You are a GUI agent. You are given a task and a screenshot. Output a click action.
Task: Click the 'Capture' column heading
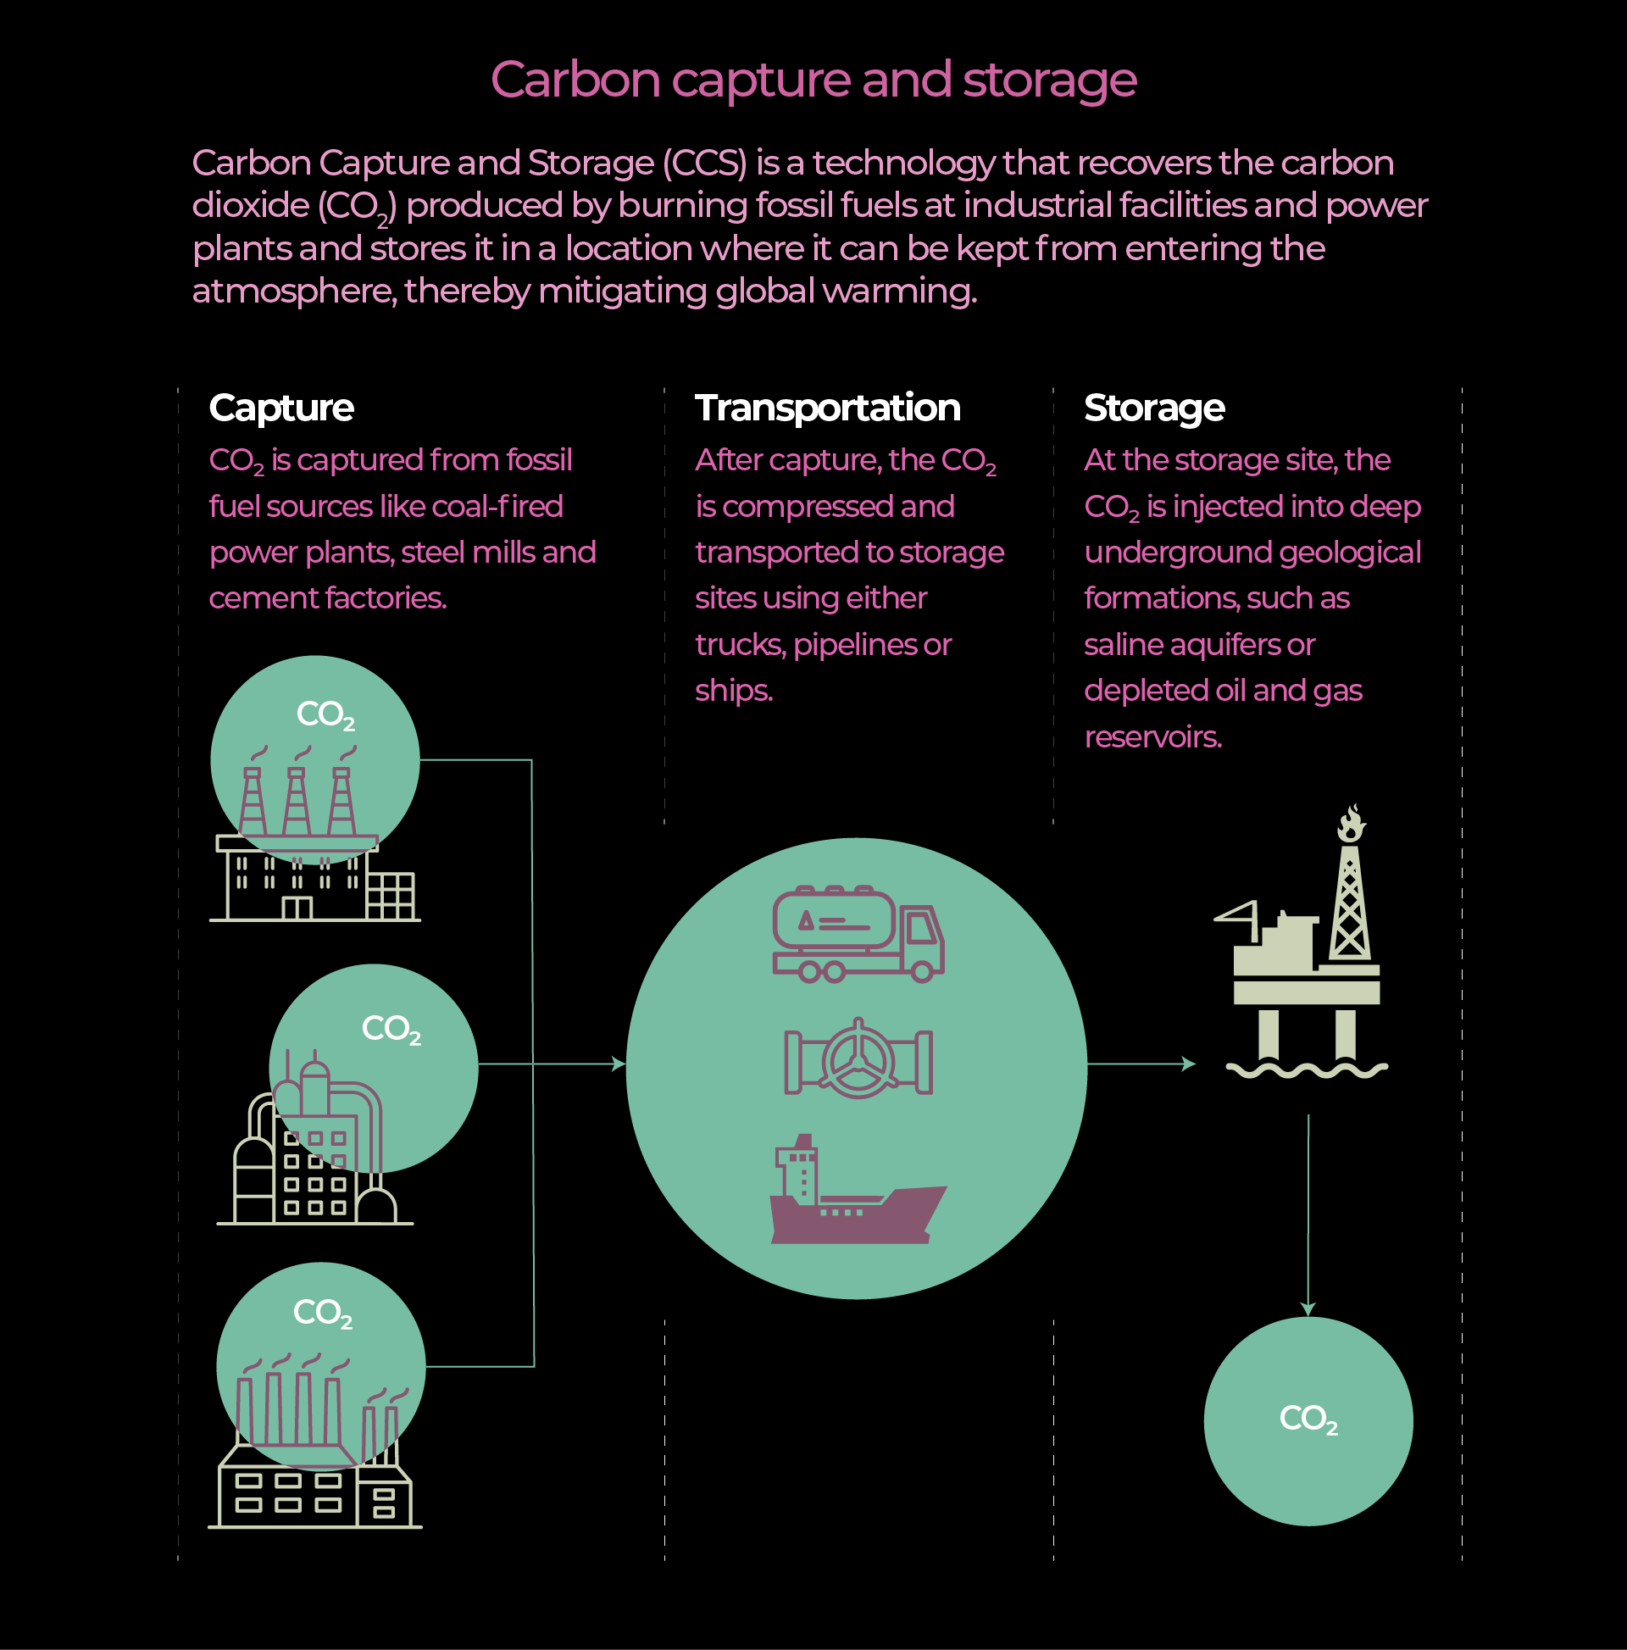pos(281,408)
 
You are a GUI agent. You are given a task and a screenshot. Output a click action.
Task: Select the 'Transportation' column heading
pos(827,408)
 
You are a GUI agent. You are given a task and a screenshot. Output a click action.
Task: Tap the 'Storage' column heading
pos(1154,408)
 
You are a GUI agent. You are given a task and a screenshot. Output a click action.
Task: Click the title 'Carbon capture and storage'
pos(813,80)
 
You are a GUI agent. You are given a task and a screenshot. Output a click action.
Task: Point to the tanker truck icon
pos(858,933)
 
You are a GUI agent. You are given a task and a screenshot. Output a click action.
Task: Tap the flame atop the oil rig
pos(1350,823)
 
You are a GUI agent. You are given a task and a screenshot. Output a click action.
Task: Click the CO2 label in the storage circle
pos(1308,1419)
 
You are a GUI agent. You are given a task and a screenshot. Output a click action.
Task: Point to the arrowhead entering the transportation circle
pos(620,1064)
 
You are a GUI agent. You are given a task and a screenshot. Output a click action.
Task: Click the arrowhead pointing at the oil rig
pos(1189,1064)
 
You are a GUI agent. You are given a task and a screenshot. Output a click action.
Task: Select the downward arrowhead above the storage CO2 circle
pos(1308,1309)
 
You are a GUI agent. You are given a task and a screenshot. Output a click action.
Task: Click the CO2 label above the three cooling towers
pos(325,714)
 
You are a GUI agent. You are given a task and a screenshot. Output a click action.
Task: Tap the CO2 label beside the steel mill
pos(391,1029)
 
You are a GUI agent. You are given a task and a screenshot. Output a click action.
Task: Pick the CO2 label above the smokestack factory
pos(322,1313)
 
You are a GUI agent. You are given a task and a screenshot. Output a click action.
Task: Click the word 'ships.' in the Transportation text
pos(734,690)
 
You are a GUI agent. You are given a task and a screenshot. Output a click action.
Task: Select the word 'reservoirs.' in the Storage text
pos(1152,736)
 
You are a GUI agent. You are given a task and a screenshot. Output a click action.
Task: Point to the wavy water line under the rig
pos(1307,1070)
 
